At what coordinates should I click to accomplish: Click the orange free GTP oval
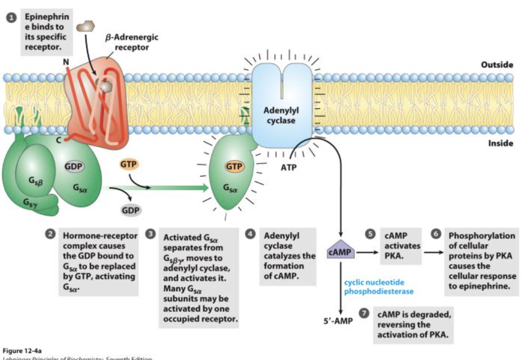[x=129, y=164]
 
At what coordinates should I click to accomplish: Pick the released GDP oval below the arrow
[x=130, y=209]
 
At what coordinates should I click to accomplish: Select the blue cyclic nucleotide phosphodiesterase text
[x=374, y=287]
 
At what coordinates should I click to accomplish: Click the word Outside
[x=496, y=65]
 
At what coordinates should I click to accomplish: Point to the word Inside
[x=499, y=143]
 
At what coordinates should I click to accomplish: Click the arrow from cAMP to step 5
[x=367, y=252]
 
